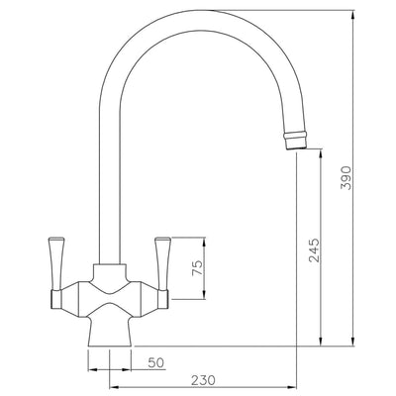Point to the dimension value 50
tap(154, 363)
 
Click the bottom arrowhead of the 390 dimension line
tap(352, 342)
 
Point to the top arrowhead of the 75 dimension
tap(205, 241)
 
